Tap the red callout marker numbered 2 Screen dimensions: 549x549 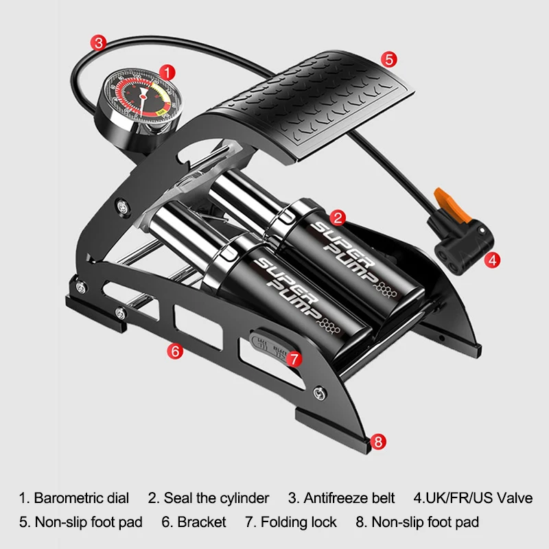(337, 219)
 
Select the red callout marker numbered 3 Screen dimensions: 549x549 (100, 43)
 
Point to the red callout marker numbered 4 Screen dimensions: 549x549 (492, 259)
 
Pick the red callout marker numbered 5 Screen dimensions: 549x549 (388, 60)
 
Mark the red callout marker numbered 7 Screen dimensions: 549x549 (294, 358)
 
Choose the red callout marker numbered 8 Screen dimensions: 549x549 (378, 441)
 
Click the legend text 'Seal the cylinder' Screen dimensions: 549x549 (216, 498)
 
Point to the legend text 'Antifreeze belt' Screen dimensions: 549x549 (349, 498)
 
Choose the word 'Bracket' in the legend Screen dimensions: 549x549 (202, 522)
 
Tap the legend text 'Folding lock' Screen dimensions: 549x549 (299, 522)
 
